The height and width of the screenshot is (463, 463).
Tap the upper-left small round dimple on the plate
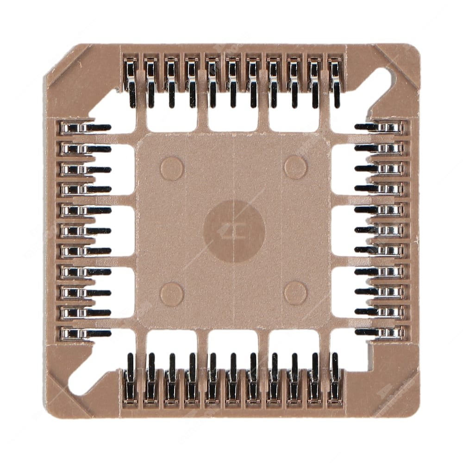pyautogui.click(x=172, y=168)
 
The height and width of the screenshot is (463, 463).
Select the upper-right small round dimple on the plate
pyautogui.click(x=295, y=167)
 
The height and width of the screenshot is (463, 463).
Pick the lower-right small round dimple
pyautogui.click(x=295, y=293)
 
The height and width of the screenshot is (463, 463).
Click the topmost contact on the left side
pyautogui.click(x=83, y=128)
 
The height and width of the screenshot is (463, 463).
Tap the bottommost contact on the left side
pyautogui.click(x=83, y=333)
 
